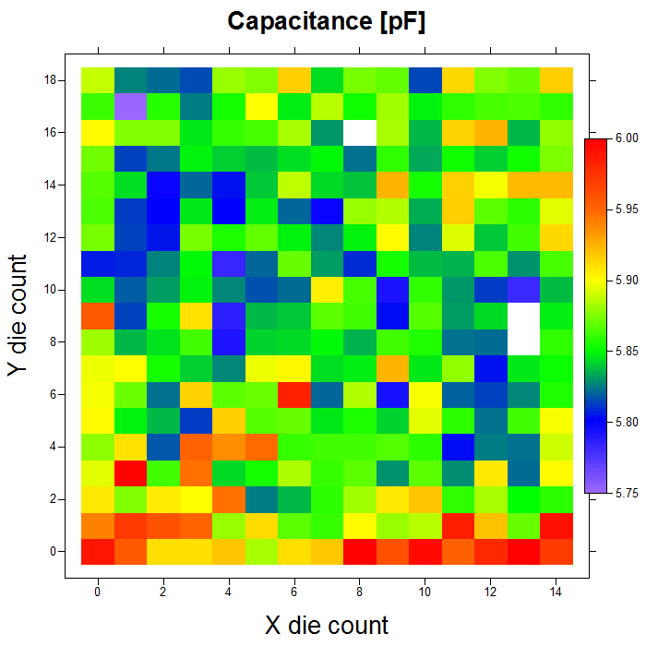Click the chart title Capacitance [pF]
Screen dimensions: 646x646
[327, 21]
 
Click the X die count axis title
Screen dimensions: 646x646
[327, 625]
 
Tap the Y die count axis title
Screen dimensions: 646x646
[18, 316]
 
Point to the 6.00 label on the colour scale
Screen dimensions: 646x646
[627, 138]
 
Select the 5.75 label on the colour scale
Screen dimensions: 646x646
[627, 494]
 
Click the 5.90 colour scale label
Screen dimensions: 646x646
[627, 281]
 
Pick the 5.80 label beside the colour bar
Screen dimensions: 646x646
[627, 423]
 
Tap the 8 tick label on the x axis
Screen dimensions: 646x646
[359, 592]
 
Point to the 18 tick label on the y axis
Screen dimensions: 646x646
[54, 80]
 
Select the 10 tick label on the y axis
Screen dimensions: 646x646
[54, 290]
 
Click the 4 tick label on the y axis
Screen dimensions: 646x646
[56, 447]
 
